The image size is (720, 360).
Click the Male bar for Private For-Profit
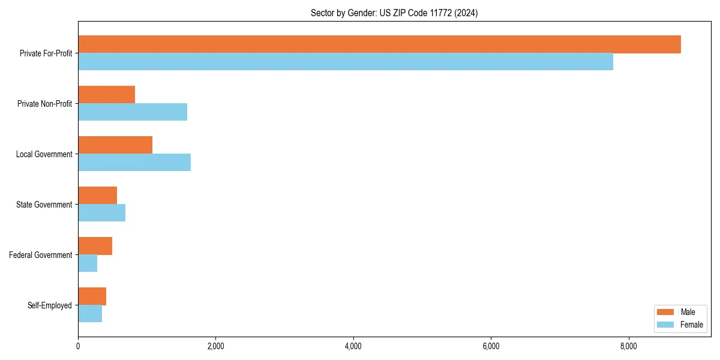point(379,44)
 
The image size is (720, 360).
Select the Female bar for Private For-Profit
point(346,62)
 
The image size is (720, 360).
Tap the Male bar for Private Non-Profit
point(106,95)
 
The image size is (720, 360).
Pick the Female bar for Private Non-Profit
point(133,112)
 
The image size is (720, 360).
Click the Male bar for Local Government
point(115,145)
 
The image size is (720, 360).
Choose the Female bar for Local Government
point(134,163)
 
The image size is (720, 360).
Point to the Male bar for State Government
point(97,196)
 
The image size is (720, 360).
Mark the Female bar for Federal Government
point(88,263)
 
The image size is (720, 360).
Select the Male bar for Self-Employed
point(92,296)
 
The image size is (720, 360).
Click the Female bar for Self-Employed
point(90,314)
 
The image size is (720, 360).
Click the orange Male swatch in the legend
point(665,312)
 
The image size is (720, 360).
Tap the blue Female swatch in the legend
point(665,325)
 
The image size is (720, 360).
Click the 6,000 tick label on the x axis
point(491,346)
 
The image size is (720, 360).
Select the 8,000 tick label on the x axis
point(628,346)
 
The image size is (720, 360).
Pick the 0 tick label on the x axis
point(78,346)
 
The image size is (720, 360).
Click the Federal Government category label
point(41,255)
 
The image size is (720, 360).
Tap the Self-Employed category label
point(50,305)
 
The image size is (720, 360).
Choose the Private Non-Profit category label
point(44,104)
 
